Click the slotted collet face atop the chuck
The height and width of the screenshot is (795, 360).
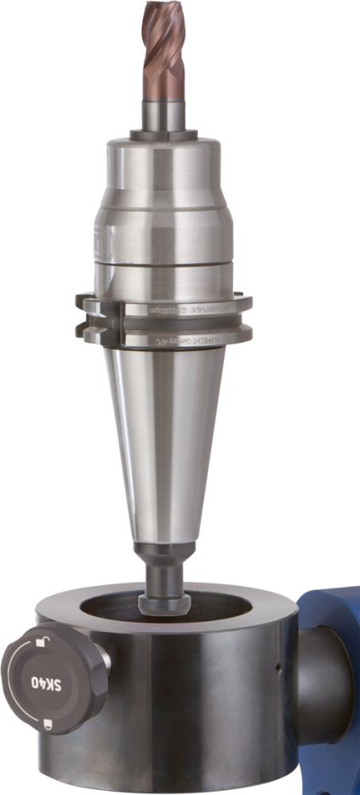164,137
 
